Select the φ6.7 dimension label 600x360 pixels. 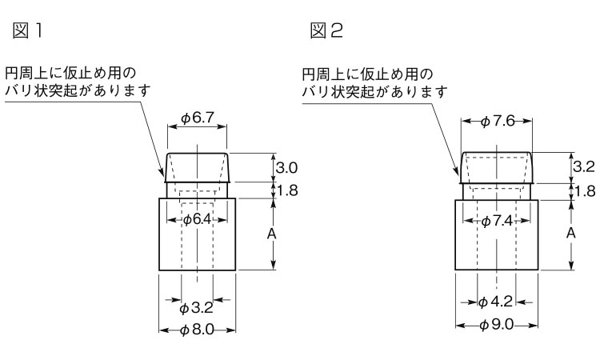197,118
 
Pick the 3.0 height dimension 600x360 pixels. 286,168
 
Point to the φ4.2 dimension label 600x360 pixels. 496,302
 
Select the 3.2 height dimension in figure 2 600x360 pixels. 585,168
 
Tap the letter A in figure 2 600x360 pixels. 571,233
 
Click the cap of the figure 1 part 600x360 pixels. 197,167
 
